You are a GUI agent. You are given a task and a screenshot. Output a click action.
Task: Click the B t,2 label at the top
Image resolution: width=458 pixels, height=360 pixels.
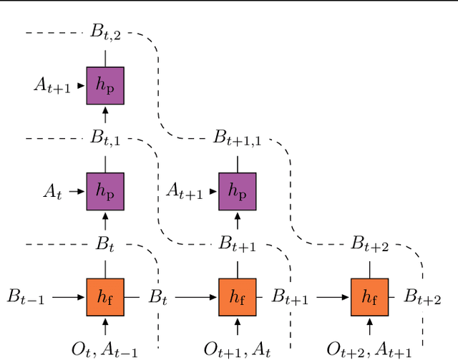[106, 33]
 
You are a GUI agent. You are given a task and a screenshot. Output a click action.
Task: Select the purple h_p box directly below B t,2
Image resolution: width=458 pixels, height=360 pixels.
[105, 85]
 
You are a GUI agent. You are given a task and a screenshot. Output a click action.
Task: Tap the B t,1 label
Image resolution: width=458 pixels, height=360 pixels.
[106, 137]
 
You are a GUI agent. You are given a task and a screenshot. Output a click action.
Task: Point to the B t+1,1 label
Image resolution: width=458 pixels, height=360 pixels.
[237, 137]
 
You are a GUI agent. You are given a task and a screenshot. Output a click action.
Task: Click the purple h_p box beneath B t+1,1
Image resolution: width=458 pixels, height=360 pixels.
[238, 190]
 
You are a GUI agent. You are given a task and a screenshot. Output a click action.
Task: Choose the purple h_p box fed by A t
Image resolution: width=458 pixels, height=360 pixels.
[105, 190]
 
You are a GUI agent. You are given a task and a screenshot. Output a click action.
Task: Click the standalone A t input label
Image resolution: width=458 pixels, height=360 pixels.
[52, 191]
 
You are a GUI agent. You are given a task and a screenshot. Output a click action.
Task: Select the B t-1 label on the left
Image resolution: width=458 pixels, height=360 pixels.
[26, 296]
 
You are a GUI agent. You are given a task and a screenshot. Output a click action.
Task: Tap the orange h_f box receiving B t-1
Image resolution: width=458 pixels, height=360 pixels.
[105, 296]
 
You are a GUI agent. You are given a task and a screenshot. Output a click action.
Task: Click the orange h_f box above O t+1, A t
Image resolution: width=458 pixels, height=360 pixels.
[238, 296]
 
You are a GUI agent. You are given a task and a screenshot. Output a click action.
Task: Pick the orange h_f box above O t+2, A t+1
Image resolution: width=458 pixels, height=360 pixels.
[369, 296]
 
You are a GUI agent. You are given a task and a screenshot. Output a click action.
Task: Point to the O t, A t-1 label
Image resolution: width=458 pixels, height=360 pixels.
[105, 349]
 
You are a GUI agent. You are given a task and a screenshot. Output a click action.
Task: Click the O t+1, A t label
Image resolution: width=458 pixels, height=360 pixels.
[237, 349]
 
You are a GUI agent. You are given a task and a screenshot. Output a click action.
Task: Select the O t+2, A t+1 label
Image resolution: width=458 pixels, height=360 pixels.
[369, 349]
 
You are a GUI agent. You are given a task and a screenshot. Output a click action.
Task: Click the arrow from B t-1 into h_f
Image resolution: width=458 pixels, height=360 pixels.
[69, 296]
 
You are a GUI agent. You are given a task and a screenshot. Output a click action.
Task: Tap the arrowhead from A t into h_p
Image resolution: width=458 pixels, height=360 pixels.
[82, 191]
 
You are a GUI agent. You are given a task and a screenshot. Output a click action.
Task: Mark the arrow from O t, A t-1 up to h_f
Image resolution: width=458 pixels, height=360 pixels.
[105, 327]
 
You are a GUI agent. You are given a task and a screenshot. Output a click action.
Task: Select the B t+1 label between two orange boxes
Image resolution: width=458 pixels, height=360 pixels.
[290, 296]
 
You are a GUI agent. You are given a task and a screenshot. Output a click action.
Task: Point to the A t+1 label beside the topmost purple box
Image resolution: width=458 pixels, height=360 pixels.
[52, 86]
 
